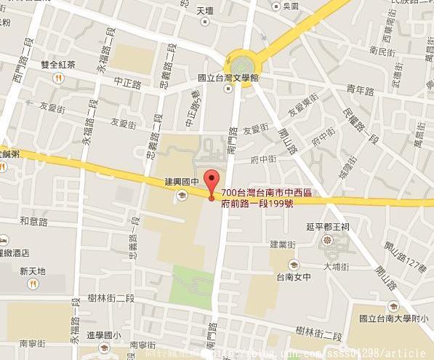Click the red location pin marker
pos(212,181)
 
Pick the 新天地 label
pos(33,271)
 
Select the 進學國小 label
pos(104,335)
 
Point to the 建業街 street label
pos(283,244)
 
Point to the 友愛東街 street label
pos(305,108)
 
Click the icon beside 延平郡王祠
pos(326,239)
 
